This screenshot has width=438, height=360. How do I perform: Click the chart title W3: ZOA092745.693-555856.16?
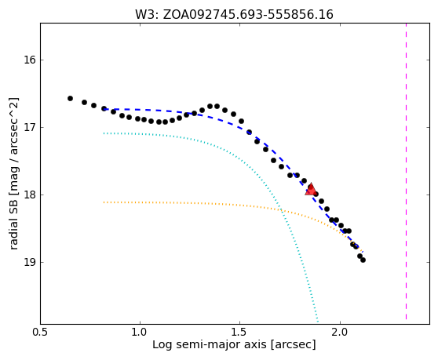coord(234,14)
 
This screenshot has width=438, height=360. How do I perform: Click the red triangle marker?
coord(310,190)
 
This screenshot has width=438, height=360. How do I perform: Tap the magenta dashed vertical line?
coord(406,172)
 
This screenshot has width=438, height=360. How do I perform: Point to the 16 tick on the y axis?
coord(29,60)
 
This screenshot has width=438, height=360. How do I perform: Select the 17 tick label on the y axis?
coord(29,128)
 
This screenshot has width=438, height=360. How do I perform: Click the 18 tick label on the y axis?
coord(29,195)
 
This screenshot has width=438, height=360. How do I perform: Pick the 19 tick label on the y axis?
coord(29,262)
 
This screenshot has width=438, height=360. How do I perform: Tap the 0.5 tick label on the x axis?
coord(41,332)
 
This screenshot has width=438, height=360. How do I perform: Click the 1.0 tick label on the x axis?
coord(140,332)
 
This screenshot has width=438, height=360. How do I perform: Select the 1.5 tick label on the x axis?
coord(239,332)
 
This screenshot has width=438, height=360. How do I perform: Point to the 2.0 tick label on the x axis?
coord(340,332)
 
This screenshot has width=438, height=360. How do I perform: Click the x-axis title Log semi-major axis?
coord(210,345)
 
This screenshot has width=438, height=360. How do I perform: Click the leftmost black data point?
coord(70,99)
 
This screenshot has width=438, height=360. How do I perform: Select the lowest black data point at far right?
coord(363,260)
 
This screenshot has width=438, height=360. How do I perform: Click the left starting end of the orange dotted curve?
coord(104,202)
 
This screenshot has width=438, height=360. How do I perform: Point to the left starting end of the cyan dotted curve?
coord(104,133)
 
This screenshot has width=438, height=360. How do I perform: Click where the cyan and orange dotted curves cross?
coord(281,210)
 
